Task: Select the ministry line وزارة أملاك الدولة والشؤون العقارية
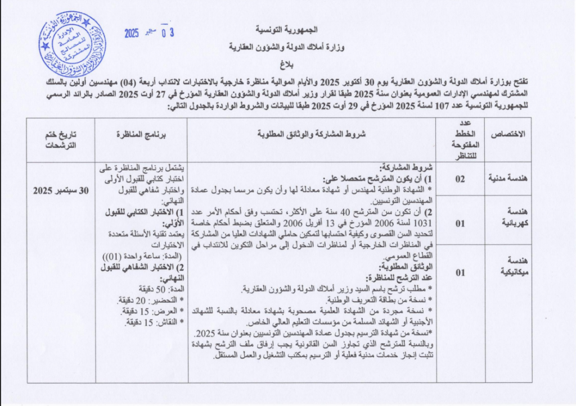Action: tap(287, 47)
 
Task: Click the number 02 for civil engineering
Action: tap(460, 179)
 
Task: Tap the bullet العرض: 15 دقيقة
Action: tap(145, 311)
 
